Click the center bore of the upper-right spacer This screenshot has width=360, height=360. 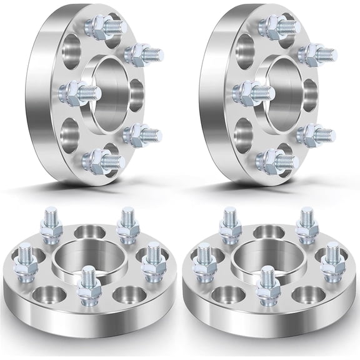coord(285,94)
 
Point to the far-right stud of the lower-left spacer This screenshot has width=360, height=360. coord(151,263)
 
